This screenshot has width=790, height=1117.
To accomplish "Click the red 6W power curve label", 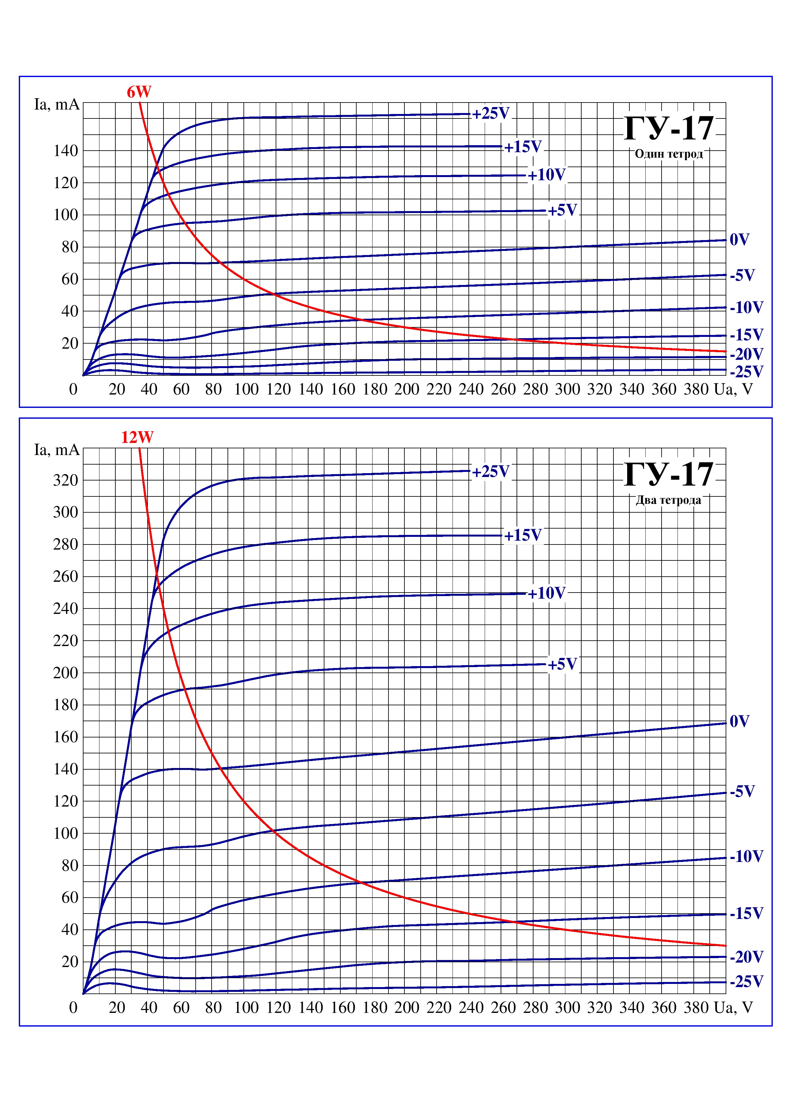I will pos(139,92).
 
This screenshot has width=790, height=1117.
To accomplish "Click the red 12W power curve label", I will pos(137,438).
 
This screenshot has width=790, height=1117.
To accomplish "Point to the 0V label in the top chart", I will pos(739,239).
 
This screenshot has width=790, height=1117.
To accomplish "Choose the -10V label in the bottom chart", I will pos(747,856).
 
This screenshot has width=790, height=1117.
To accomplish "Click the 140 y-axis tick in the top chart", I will pos(66,151).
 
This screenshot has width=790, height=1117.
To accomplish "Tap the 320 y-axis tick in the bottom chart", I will pos(66,480).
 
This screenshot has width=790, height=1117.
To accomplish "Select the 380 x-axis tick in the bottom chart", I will pos(696,1007).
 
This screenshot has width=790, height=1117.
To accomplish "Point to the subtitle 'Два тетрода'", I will pos(669,500).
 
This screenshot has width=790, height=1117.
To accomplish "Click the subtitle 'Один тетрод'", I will pos(669,154).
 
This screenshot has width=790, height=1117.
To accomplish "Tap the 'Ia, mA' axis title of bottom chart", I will pos(56,450).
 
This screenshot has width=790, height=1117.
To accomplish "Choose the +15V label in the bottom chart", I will pos(523,536).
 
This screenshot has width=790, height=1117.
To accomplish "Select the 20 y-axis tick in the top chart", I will pos(69,344).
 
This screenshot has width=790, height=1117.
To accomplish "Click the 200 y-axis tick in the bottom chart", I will pos(66,673).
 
